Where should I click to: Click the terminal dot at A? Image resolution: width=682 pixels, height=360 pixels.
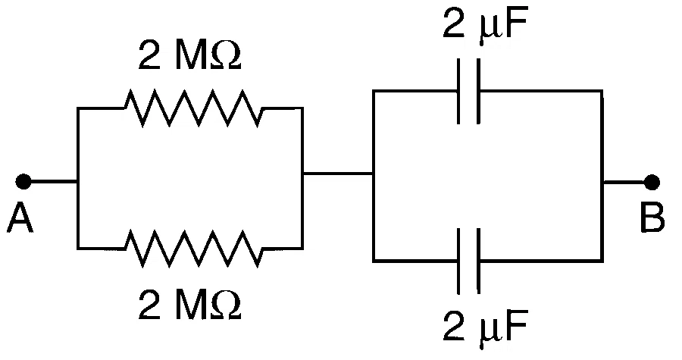(x=23, y=181)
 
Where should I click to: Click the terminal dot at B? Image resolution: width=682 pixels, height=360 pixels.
(x=652, y=182)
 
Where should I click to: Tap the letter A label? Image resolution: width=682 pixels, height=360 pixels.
(x=20, y=219)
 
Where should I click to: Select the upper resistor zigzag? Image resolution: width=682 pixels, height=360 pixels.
(x=193, y=108)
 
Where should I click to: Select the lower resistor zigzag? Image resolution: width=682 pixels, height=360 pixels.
(x=193, y=249)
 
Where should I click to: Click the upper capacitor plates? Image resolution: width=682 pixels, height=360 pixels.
(x=469, y=91)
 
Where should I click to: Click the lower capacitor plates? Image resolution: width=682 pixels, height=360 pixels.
(x=469, y=261)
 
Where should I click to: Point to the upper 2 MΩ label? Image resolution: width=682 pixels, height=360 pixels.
(x=190, y=55)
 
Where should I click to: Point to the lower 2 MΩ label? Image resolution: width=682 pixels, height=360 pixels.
(x=190, y=305)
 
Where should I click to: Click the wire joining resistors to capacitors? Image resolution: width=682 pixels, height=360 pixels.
(x=337, y=174)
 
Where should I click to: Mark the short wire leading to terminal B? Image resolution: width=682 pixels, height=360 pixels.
(x=624, y=182)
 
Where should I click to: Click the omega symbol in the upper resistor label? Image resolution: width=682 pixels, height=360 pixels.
(x=225, y=55)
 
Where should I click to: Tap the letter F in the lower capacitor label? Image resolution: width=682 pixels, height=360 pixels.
(x=517, y=325)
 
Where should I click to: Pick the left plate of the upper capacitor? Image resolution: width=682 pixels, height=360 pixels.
(x=459, y=91)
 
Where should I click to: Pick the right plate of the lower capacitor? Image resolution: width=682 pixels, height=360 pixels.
(x=478, y=261)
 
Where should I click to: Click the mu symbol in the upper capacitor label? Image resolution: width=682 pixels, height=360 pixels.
(x=490, y=29)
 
